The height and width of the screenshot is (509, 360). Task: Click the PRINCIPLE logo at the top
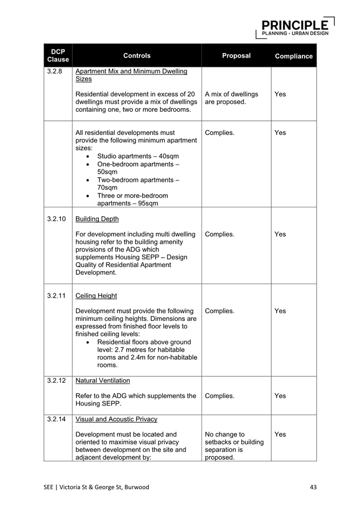(295, 26)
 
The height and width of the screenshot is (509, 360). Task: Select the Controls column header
(137, 55)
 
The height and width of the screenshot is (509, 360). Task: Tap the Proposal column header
(236, 55)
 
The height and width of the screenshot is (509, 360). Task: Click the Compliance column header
(294, 56)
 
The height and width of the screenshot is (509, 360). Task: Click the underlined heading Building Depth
(97, 219)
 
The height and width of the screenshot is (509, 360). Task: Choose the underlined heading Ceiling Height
(96, 296)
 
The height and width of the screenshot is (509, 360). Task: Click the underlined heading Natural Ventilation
(103, 380)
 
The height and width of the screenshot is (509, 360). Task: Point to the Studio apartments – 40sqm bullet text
(138, 156)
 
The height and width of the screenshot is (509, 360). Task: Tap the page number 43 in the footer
(313, 487)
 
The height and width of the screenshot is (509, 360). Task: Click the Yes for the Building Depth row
(280, 234)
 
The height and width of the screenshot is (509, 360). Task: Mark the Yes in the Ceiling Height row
(280, 311)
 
